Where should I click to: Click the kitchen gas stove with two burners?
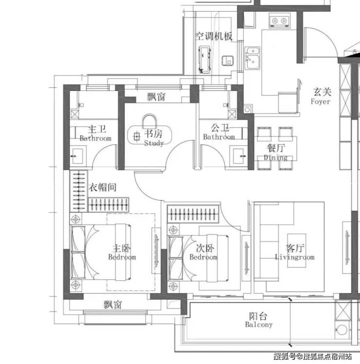[x=280, y=20]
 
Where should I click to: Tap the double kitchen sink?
[x=252, y=58]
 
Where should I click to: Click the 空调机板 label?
[x=214, y=36]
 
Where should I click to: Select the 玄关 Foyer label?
[x=322, y=96]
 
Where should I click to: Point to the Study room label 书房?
[x=153, y=134]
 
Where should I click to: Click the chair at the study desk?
[x=149, y=121]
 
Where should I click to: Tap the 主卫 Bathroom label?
[x=95, y=133]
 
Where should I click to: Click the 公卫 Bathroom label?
[x=219, y=132]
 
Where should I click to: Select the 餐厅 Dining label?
[x=276, y=152]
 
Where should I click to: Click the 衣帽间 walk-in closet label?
[x=103, y=187]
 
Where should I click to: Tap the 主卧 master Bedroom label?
[x=122, y=252]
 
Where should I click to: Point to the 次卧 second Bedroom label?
[x=204, y=252]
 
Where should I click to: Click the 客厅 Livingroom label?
[x=295, y=252]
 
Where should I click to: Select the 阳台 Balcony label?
[x=259, y=320]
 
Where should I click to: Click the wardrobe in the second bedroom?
[x=193, y=214]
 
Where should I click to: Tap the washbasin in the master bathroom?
[x=78, y=156]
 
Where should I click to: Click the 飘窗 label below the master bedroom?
[x=113, y=305]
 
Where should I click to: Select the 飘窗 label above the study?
[x=157, y=97]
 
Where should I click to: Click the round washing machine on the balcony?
[x=342, y=329]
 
